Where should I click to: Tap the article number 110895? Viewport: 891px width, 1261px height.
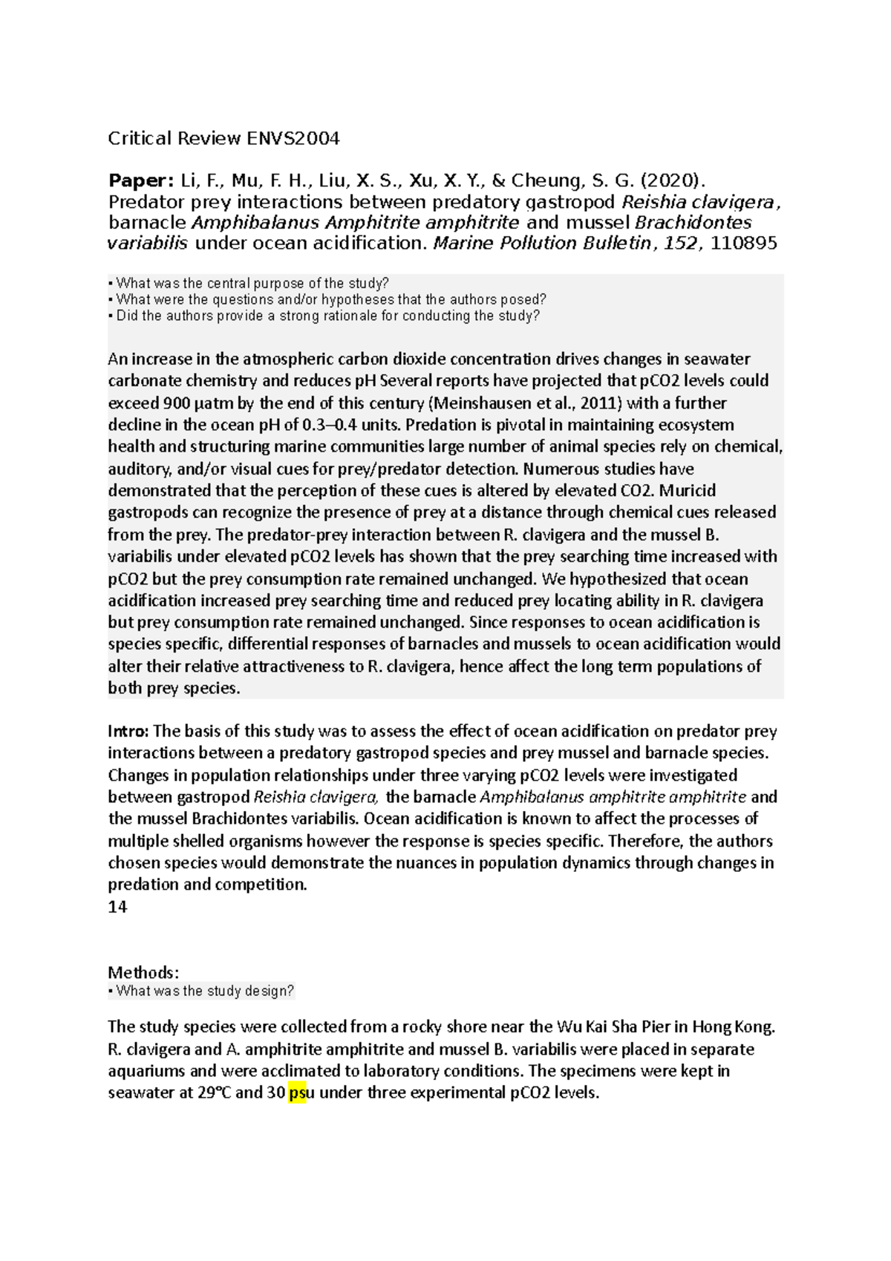click(x=744, y=243)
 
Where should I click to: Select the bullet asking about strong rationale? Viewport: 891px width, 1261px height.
click(x=324, y=316)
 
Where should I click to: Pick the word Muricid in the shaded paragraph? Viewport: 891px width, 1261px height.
click(x=688, y=491)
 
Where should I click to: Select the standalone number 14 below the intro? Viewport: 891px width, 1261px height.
click(x=117, y=907)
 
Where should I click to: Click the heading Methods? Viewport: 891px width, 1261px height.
click(x=143, y=972)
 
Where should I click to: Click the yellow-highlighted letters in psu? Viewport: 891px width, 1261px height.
click(x=297, y=1093)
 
